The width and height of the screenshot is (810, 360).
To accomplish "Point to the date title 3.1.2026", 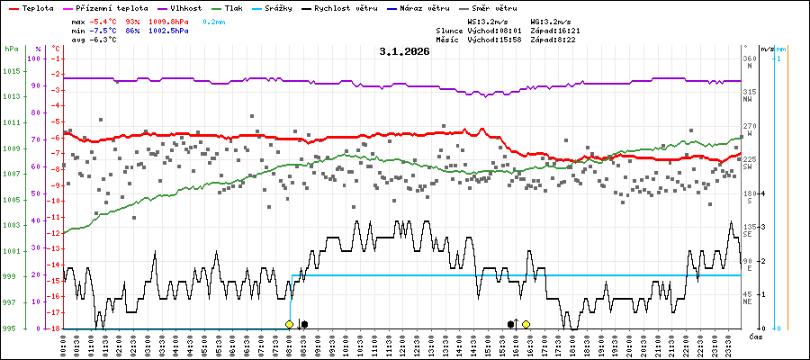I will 404,52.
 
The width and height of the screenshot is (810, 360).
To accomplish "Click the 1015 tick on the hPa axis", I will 11,71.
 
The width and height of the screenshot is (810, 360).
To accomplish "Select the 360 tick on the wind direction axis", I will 750,58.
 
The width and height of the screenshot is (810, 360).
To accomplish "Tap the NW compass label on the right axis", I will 748,100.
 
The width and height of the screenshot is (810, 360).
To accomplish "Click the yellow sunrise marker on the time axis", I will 289,324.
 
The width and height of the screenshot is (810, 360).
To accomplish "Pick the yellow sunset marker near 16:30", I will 526,324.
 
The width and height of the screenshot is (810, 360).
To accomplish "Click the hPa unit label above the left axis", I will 11,49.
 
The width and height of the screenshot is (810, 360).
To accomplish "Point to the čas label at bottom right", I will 755,336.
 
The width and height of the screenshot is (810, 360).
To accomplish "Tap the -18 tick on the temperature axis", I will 55,328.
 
